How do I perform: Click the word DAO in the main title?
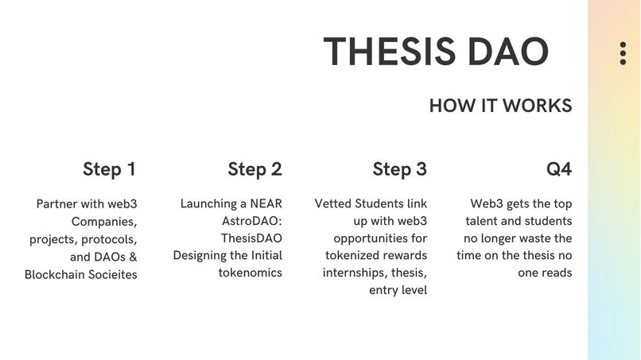507,52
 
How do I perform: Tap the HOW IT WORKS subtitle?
500,106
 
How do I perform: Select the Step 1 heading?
109,169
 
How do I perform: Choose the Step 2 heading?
254,169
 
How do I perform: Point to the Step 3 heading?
399,169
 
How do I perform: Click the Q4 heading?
558,169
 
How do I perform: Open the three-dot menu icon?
623,53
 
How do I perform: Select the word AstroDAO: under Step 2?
251,222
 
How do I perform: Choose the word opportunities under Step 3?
380,238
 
